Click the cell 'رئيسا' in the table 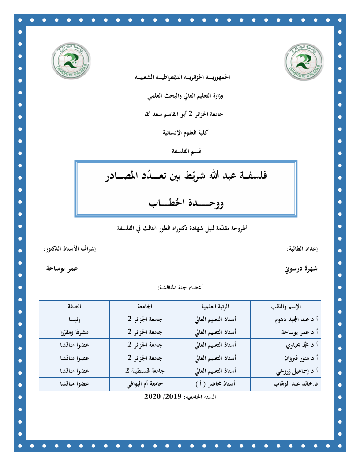(x=75, y=319)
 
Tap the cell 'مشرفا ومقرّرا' (x=75, y=332)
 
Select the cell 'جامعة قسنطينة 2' (x=144, y=371)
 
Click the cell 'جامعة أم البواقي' (x=144, y=384)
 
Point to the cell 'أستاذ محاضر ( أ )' (x=215, y=384)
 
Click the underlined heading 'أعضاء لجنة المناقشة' (x=180, y=288)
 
